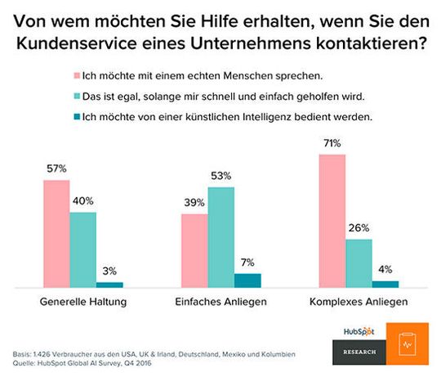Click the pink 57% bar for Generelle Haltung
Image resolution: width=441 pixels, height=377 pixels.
pyautogui.click(x=56, y=234)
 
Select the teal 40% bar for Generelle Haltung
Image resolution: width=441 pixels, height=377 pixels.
pyautogui.click(x=82, y=249)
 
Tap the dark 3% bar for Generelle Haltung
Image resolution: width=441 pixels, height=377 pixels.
pyautogui.click(x=109, y=285)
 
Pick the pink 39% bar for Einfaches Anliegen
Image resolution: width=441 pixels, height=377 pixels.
pyautogui.click(x=194, y=250)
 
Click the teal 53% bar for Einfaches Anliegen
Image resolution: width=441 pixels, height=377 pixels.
pyautogui.click(x=220, y=237)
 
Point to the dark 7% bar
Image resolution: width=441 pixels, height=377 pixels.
pyautogui.click(x=247, y=281)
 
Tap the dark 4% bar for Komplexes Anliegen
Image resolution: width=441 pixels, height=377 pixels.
pyautogui.click(x=385, y=284)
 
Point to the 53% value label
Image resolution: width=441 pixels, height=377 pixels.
pyautogui.click(x=220, y=176)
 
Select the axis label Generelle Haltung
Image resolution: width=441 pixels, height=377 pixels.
pyautogui.click(x=82, y=302)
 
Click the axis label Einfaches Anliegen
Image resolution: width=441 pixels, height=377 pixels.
pyautogui.click(x=220, y=302)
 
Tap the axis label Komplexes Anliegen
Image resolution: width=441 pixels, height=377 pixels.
pyautogui.click(x=359, y=302)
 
